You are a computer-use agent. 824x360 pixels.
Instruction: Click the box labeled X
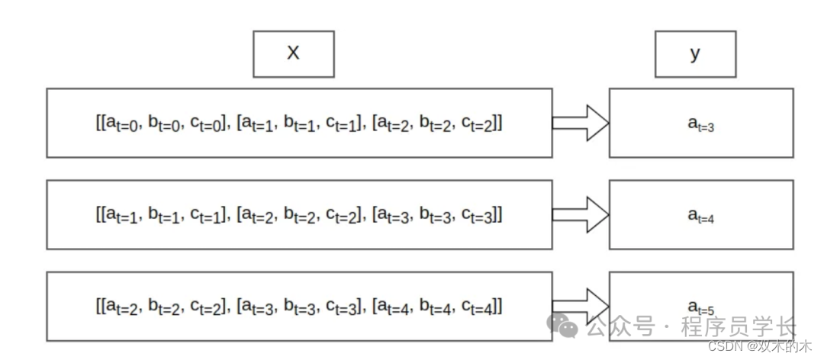[293, 53]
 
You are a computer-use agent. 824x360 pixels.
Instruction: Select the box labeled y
[695, 53]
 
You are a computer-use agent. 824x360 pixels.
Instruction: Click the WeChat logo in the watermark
[565, 326]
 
